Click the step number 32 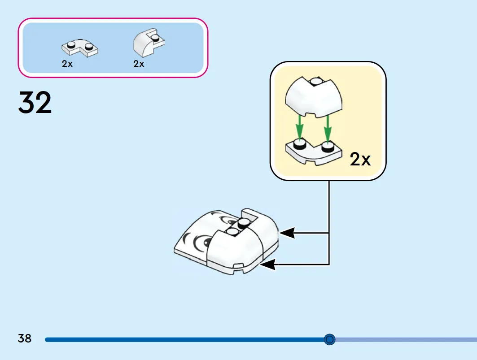[x=35, y=103]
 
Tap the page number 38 [x=25, y=338]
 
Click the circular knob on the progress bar [x=329, y=339]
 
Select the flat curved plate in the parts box [x=80, y=48]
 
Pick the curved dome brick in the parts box [x=149, y=43]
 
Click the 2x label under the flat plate [x=67, y=64]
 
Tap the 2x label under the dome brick [x=139, y=64]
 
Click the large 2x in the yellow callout [x=360, y=159]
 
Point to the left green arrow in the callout [x=300, y=128]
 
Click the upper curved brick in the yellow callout [x=313, y=97]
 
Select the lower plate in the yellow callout [x=313, y=153]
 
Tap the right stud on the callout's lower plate [x=328, y=147]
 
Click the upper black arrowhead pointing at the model [x=287, y=233]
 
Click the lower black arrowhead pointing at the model [x=268, y=265]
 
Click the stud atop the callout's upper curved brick [x=315, y=81]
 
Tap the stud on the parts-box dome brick [x=155, y=38]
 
